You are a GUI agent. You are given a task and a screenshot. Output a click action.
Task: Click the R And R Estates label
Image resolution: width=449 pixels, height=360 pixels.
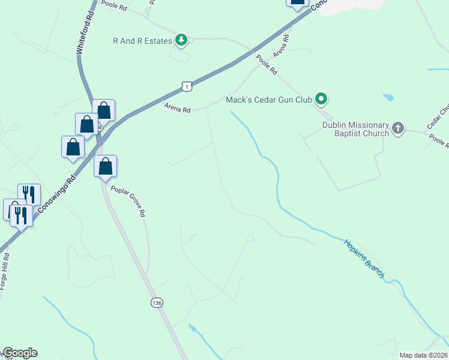tap(142, 41)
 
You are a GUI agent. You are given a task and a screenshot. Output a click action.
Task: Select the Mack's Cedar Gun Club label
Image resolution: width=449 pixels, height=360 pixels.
tap(268, 100)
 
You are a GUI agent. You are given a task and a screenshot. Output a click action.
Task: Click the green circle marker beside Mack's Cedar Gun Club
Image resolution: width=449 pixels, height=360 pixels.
tap(322, 100)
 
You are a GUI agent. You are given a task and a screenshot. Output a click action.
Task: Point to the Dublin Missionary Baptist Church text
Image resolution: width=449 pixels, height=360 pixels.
tap(355, 129)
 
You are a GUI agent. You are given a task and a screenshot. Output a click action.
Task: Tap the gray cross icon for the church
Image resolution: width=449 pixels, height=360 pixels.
tap(398, 127)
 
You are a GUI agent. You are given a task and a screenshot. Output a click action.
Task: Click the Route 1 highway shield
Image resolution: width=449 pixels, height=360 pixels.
tap(187, 87)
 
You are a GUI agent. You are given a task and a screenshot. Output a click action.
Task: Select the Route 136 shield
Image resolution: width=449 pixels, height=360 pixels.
tap(157, 303)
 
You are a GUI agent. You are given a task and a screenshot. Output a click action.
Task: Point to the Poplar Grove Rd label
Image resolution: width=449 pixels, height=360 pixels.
tap(128, 201)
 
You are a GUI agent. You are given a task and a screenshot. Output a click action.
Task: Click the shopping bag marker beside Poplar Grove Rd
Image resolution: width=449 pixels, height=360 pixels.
tap(105, 166)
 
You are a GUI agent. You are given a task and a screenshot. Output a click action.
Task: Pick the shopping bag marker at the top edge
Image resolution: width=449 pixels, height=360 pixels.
tap(297, 2)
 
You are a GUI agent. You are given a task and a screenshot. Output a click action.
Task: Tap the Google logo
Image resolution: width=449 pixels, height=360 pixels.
tap(20, 353)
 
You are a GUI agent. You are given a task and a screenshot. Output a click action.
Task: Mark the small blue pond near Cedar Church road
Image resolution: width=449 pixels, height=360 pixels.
tap(388, 97)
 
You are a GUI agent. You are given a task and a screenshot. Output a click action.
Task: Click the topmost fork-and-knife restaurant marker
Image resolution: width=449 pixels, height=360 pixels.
tap(29, 194)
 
